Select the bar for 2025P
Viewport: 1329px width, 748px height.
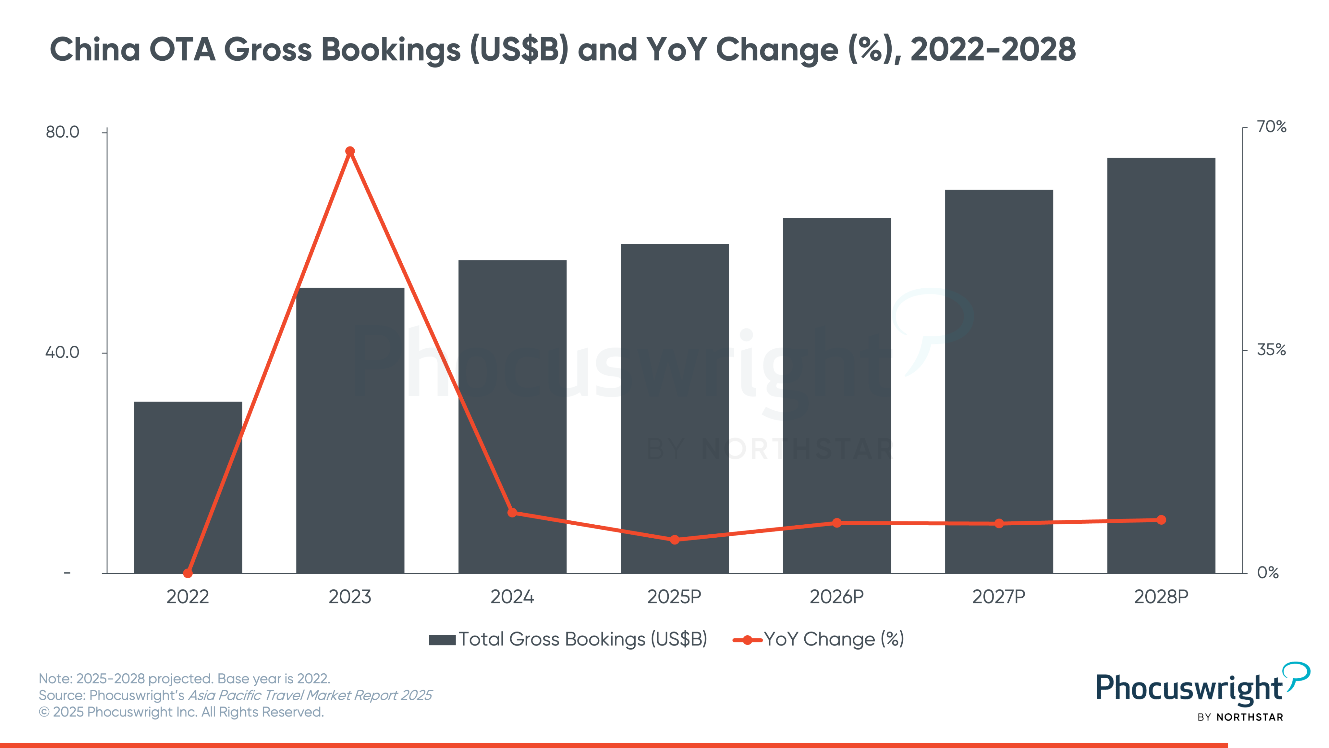point(674,408)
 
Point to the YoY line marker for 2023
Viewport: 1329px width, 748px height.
point(350,151)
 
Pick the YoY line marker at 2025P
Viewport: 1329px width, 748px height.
point(674,540)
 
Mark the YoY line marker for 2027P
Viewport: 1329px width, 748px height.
point(999,523)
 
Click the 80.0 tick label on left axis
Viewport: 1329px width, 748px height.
point(62,132)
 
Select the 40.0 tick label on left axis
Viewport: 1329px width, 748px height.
point(62,353)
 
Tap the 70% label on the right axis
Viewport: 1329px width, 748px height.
point(1271,127)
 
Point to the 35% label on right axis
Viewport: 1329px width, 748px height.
point(1271,350)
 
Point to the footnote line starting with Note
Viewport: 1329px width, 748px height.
point(184,678)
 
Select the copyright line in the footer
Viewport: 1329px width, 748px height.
point(181,712)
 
